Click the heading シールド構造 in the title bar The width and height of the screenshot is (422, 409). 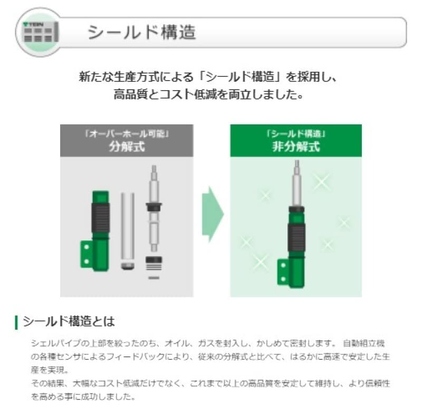(x=141, y=33)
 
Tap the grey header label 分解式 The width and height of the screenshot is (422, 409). (x=127, y=146)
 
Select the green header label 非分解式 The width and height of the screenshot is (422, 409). (x=295, y=146)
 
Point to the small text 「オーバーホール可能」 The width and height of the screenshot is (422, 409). (x=127, y=134)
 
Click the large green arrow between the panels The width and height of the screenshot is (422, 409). (x=213, y=213)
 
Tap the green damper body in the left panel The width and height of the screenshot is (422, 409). (x=100, y=227)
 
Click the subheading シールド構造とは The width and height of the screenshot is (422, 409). (x=69, y=321)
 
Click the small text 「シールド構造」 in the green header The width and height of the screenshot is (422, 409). (x=295, y=134)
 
